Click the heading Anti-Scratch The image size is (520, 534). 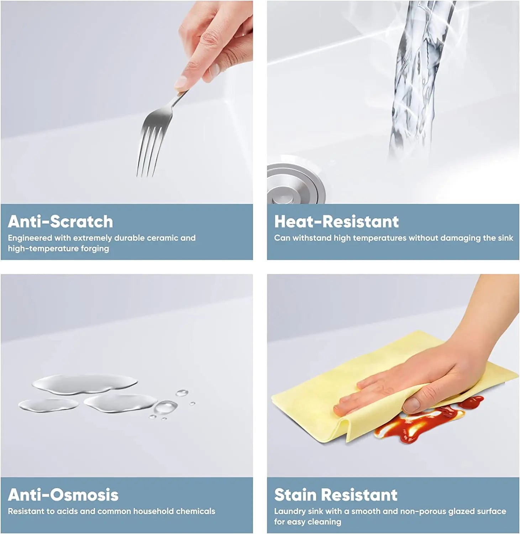coord(60,221)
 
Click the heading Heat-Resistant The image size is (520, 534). coord(336,221)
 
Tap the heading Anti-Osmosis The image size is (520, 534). coord(63,495)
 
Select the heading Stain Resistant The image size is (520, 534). coord(336,495)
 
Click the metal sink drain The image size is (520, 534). coord(296,184)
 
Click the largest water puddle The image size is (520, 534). coord(85,384)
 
